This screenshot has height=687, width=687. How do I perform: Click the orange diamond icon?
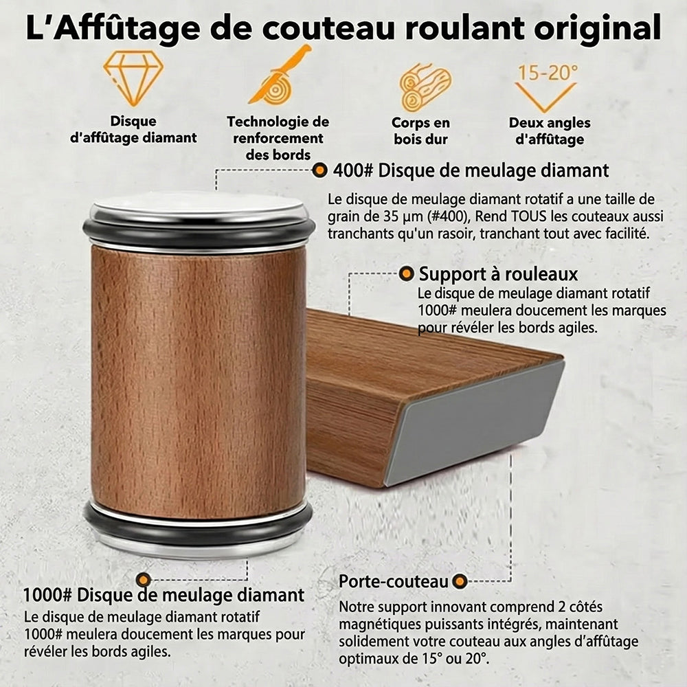tap(133, 78)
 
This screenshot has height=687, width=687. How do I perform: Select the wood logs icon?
tap(425, 87)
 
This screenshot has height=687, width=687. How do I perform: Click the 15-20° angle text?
tap(548, 73)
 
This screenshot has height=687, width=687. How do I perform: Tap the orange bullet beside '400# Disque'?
tap(320, 170)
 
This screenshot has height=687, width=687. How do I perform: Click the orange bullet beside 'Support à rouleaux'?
tap(406, 274)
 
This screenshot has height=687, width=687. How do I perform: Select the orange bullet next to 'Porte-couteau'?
tap(460, 581)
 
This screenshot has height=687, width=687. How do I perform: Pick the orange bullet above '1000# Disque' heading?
tap(144, 580)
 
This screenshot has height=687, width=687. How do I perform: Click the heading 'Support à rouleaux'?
tap(498, 274)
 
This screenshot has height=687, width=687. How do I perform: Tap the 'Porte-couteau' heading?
tap(394, 581)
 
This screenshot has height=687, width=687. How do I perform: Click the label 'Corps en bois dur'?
tap(420, 131)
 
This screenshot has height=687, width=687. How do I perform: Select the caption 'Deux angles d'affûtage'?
tap(550, 131)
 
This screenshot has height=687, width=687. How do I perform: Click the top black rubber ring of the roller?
tap(199, 234)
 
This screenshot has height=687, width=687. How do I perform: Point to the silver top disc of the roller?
tap(199, 205)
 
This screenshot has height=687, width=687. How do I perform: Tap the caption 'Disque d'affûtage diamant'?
tap(133, 130)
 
